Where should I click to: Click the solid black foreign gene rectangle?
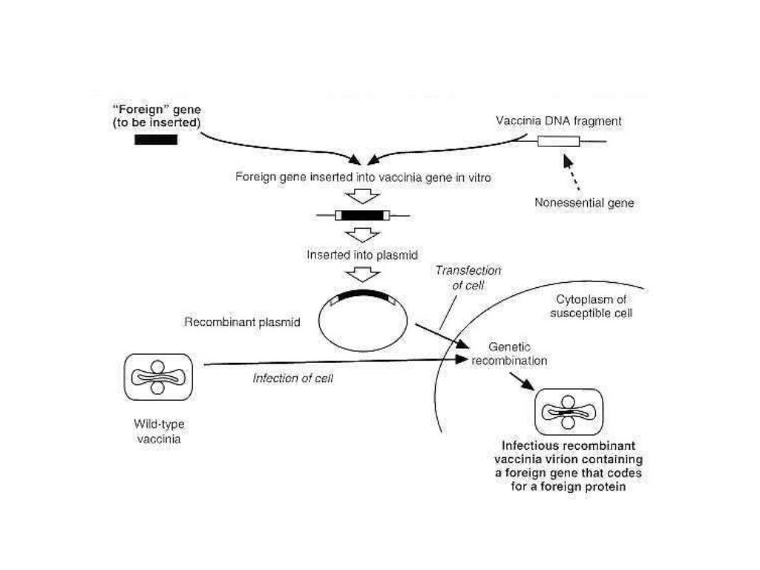[x=156, y=140]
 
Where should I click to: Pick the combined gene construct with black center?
[x=363, y=216]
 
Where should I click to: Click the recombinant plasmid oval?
[x=363, y=318]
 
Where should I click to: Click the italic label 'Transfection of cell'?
[x=468, y=278]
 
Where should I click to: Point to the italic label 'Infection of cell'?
[x=293, y=379]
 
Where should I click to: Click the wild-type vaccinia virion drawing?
[x=157, y=377]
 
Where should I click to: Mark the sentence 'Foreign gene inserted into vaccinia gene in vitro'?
[x=363, y=178]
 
